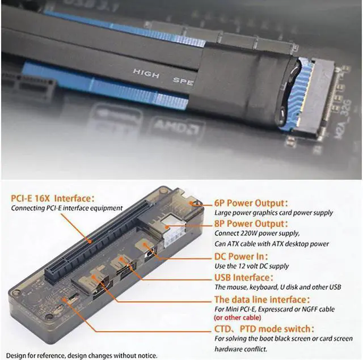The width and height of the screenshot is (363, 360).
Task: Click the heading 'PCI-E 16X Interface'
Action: [x=52, y=198]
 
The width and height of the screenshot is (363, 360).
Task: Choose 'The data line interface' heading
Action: [x=261, y=299]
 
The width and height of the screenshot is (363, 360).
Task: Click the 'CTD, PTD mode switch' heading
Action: [x=263, y=329]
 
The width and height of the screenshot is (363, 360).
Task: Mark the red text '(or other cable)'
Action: [x=241, y=317]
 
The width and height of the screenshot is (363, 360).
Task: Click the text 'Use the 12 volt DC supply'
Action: [x=251, y=266]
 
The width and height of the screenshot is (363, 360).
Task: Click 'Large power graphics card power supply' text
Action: [x=273, y=213]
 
